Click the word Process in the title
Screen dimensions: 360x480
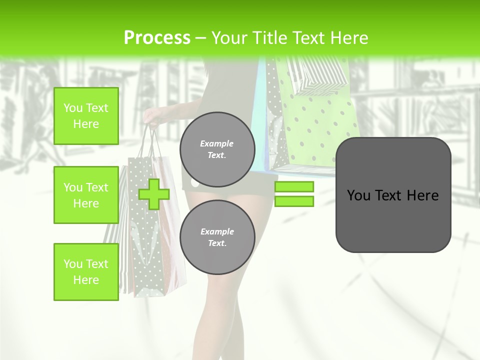tap(157, 38)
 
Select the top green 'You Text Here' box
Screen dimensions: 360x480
tap(86, 116)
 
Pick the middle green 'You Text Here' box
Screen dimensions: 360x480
tap(86, 195)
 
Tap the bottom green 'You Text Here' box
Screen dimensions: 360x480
tap(86, 272)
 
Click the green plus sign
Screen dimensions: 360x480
tap(154, 194)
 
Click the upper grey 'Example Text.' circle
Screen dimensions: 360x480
tap(217, 149)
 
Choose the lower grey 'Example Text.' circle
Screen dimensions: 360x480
tap(217, 237)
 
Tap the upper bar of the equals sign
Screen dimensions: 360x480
tap(294, 186)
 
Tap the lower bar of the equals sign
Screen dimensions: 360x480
tap(294, 201)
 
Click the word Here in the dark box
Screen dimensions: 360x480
tap(422, 195)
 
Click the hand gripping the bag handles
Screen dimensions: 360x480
tap(151, 117)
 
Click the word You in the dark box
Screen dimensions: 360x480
tap(358, 195)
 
